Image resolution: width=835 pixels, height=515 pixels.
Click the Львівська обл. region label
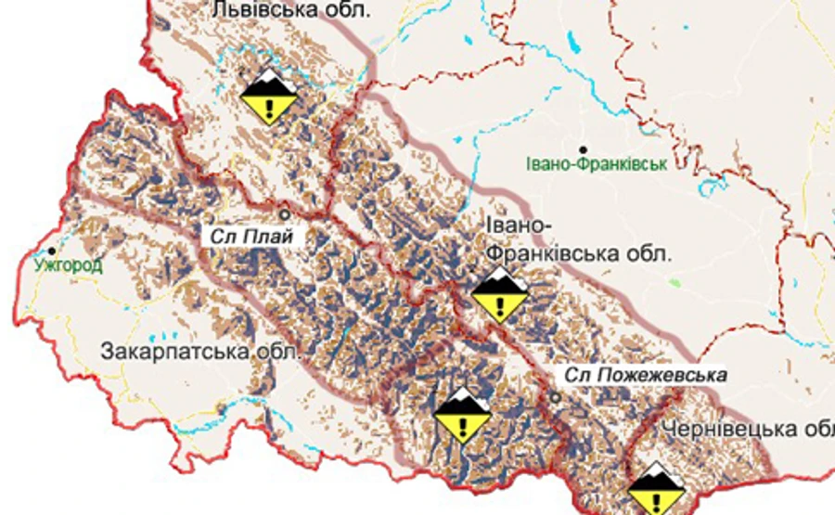coord(290,10)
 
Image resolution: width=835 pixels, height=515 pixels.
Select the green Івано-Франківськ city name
coord(596,164)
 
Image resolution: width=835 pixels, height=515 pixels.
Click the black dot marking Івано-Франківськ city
coord(584,148)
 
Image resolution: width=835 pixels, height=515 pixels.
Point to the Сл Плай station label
coord(250,236)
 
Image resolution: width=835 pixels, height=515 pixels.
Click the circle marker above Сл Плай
coord(286,213)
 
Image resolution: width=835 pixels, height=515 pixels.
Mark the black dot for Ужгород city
coord(53,251)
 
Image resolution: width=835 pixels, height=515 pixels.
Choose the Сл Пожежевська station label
coord(645,375)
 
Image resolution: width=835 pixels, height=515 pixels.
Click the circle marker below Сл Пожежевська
coord(555,398)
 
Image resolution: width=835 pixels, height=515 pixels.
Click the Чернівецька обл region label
coord(748,430)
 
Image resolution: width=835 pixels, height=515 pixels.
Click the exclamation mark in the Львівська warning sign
coord(268,107)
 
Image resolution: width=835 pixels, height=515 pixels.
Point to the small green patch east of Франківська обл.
coord(674,280)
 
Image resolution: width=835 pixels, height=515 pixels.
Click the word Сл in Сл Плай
coord(221,236)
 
